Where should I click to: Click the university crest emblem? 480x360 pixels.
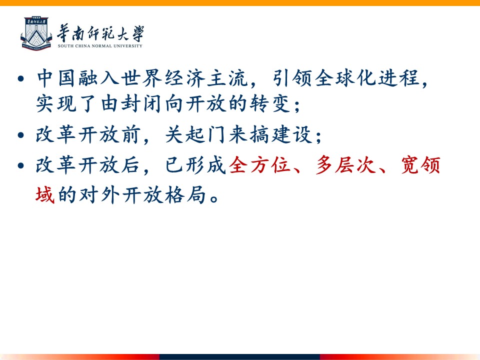tap(36, 33)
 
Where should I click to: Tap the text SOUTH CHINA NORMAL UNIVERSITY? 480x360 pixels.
tap(100, 46)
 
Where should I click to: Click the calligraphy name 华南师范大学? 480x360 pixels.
tap(100, 33)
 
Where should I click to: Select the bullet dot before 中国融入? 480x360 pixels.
tap(21, 78)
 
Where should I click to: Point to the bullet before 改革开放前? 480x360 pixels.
tap(21, 135)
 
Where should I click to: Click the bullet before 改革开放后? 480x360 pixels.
tap(21, 165)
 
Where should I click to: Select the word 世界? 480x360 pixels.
tap(141, 78)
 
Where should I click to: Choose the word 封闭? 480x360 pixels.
tap(141, 103)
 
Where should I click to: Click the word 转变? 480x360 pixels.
tap(269, 103)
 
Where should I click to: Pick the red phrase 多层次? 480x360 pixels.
tap(346, 165)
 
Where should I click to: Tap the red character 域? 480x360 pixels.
tap(45, 194)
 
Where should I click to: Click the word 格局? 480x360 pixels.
tap(185, 194)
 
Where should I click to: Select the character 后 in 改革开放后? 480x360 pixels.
tap(130, 165)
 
